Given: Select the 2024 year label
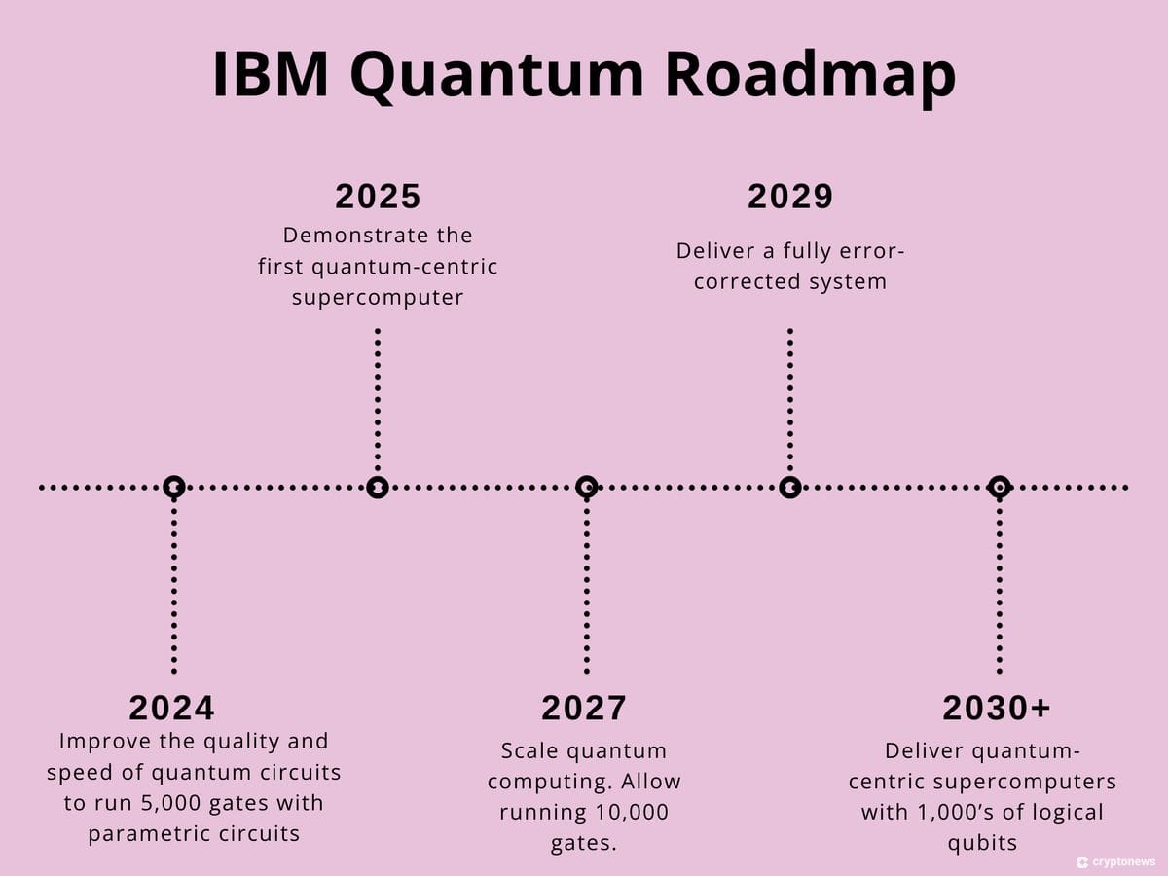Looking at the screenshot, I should point(171,708).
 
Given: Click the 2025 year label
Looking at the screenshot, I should point(378,197).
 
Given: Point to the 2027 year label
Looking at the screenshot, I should point(584,708).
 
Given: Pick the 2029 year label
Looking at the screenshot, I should point(790,197).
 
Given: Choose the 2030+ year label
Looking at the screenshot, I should point(997,708).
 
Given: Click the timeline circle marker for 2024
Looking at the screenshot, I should point(173,486).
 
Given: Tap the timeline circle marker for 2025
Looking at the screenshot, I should point(378,487).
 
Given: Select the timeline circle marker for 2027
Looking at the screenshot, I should point(586,486).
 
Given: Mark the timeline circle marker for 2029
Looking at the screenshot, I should point(790,487).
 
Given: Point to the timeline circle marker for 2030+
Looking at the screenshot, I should point(999,486).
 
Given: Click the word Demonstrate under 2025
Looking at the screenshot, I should point(343,236).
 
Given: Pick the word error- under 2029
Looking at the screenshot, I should point(870,251).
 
